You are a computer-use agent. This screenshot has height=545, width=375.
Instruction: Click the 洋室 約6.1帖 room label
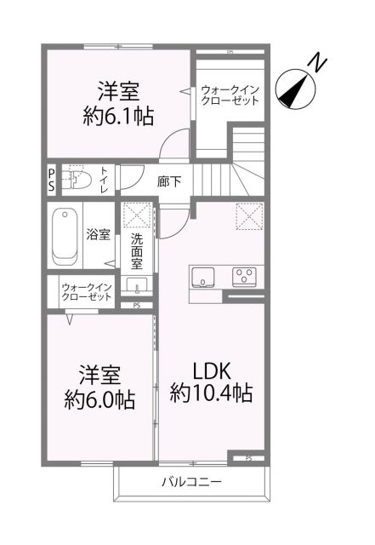tap(118, 103)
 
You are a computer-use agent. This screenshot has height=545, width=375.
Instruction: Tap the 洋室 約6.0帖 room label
tap(100, 387)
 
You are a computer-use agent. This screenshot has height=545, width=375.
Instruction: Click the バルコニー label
tap(191, 483)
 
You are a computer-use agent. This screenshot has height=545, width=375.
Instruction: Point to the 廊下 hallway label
tap(168, 181)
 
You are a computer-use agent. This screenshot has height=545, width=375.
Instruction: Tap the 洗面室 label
tap(137, 251)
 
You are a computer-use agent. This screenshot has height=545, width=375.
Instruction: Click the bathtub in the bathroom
tap(64, 236)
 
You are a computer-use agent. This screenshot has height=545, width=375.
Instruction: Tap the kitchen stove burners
tap(247, 276)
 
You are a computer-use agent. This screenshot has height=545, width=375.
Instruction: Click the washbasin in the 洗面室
tap(136, 284)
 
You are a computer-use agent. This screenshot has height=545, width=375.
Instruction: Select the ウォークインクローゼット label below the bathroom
tap(86, 294)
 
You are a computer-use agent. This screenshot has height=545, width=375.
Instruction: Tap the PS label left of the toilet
tap(50, 181)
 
